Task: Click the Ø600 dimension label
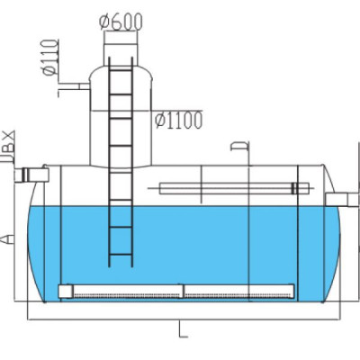[x=121, y=22]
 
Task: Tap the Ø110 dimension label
[x=49, y=58]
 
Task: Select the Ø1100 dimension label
[x=179, y=121]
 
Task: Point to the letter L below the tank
[x=183, y=329]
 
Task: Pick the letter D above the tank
[x=239, y=146]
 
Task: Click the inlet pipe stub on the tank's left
[x=32, y=175]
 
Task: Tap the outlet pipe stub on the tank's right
[x=341, y=200]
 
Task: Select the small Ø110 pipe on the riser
[x=84, y=86]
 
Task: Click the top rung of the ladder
[x=121, y=70]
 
